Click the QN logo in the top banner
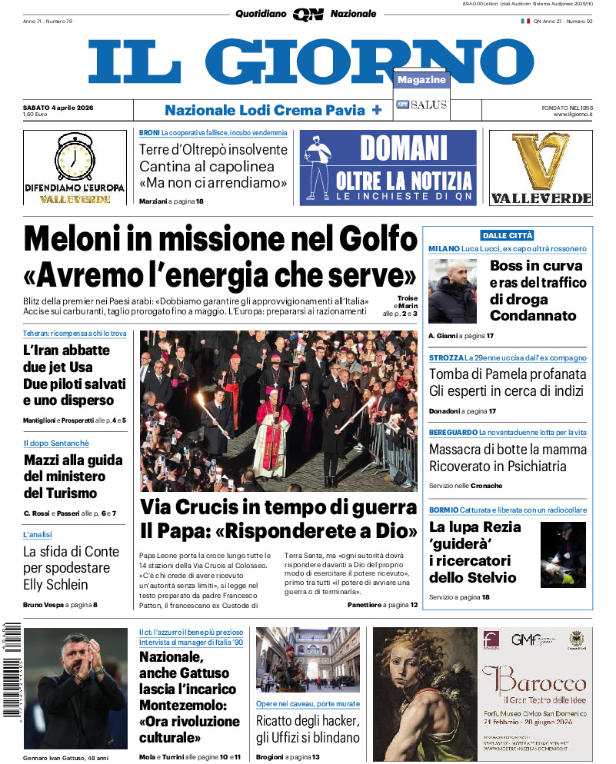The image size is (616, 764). (x=308, y=15)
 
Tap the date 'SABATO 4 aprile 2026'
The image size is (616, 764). (x=58, y=107)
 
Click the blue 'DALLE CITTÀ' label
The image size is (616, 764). (x=507, y=235)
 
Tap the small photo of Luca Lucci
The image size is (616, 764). (x=453, y=291)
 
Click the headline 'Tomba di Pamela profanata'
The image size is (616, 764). (x=508, y=374)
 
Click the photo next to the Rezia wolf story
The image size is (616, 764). (x=563, y=555)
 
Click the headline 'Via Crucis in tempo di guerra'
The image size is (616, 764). (x=278, y=507)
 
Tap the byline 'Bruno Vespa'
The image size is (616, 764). (x=43, y=606)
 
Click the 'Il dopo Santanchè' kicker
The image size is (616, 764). (x=56, y=443)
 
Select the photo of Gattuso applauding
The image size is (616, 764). (x=75, y=677)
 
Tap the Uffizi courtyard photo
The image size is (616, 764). (x=308, y=659)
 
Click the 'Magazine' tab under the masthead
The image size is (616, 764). (x=421, y=80)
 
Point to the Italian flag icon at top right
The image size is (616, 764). (x=525, y=21)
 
